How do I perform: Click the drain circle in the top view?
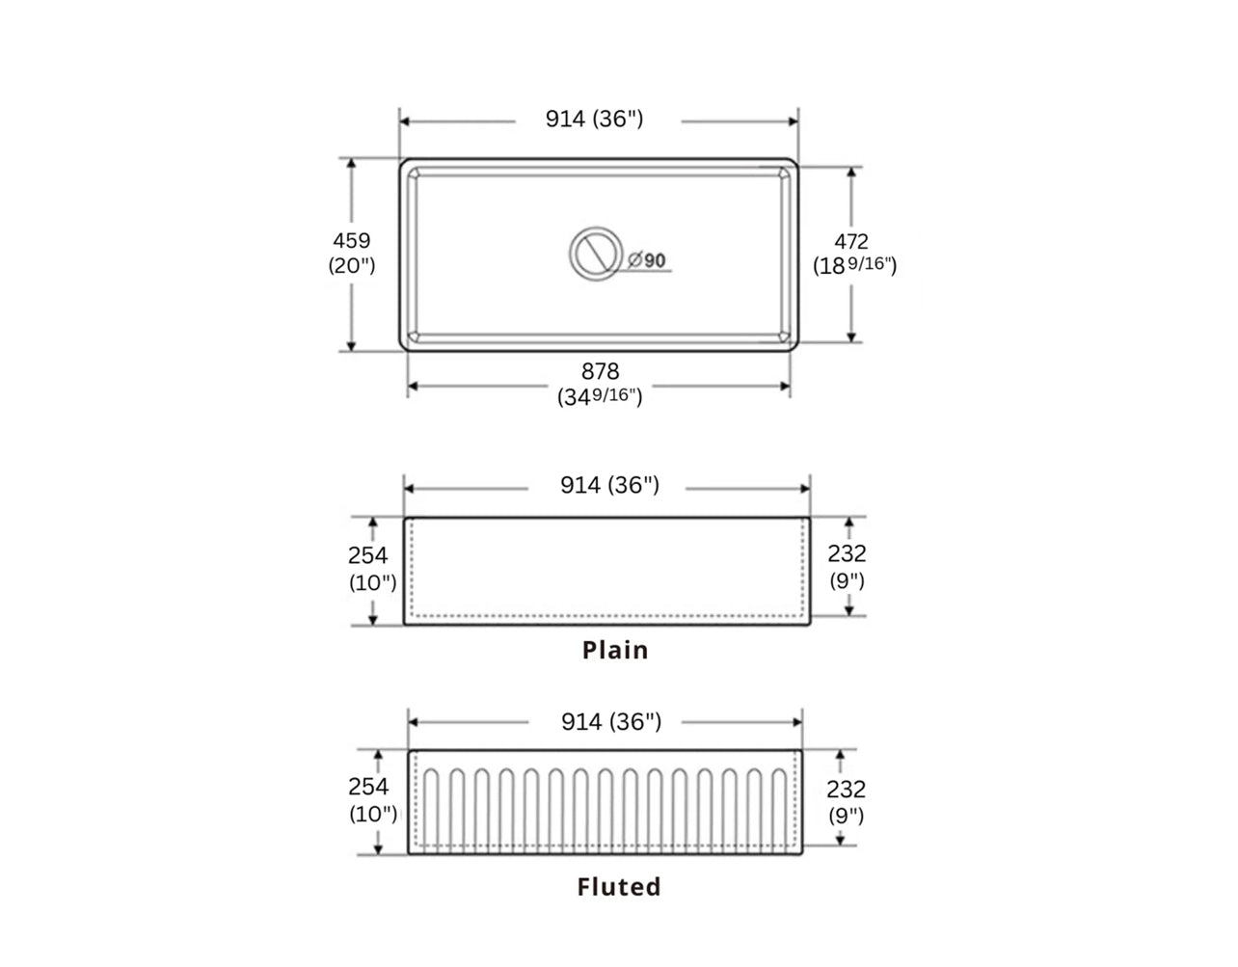point(596,228)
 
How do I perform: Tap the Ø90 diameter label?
point(647,260)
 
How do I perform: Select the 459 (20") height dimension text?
point(352,253)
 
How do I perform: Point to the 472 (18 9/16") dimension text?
point(854,254)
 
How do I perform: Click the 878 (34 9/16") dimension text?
point(600,384)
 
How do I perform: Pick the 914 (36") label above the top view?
point(594,119)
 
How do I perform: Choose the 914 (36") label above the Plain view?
point(609,485)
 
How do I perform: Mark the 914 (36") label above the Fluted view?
point(611,722)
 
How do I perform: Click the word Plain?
point(615,651)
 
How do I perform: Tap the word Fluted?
point(619,887)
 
